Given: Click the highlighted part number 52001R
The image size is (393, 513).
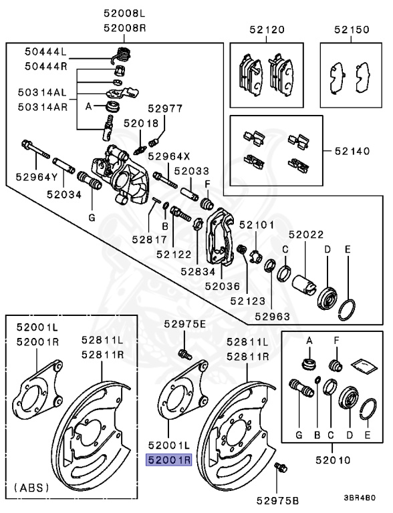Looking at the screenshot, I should click(169, 460).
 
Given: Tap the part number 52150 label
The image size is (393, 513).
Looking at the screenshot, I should click(352, 29).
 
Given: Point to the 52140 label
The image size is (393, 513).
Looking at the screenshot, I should click(352, 152).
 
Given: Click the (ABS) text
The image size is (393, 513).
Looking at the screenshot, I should click(31, 488).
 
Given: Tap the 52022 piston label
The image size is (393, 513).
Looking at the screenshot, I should click(306, 234).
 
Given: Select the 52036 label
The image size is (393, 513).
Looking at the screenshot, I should click(223, 286).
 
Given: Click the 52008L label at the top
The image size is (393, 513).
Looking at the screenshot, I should click(124, 13).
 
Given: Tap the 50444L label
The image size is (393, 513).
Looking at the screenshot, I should click(46, 51).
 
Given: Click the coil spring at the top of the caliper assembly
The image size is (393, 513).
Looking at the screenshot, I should click(122, 53).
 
